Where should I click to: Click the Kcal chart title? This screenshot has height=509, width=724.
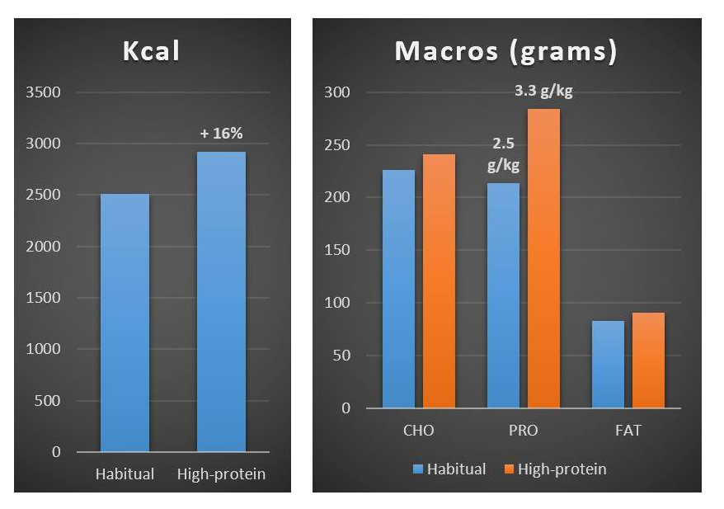pyautogui.click(x=151, y=51)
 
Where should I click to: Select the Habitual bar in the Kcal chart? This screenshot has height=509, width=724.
pyautogui.click(x=125, y=323)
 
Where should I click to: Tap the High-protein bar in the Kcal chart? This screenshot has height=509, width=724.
pyautogui.click(x=221, y=302)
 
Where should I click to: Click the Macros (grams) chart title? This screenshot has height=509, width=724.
pyautogui.click(x=505, y=51)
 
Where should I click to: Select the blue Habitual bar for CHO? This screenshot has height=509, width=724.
pyautogui.click(x=398, y=289)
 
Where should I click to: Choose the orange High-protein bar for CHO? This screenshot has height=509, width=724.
pyautogui.click(x=438, y=281)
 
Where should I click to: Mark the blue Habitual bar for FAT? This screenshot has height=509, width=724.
pyautogui.click(x=609, y=364)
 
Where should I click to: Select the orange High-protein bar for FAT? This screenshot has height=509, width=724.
pyautogui.click(x=648, y=361)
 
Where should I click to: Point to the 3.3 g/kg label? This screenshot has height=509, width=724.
pyautogui.click(x=543, y=92)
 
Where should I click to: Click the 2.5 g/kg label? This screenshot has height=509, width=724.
pyautogui.click(x=503, y=154)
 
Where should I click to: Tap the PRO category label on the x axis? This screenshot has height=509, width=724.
pyautogui.click(x=523, y=431)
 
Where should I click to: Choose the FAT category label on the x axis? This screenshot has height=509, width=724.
pyautogui.click(x=628, y=431)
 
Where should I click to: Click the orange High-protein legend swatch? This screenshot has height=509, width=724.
pyautogui.click(x=510, y=469)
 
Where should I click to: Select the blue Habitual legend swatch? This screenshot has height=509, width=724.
pyautogui.click(x=418, y=469)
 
